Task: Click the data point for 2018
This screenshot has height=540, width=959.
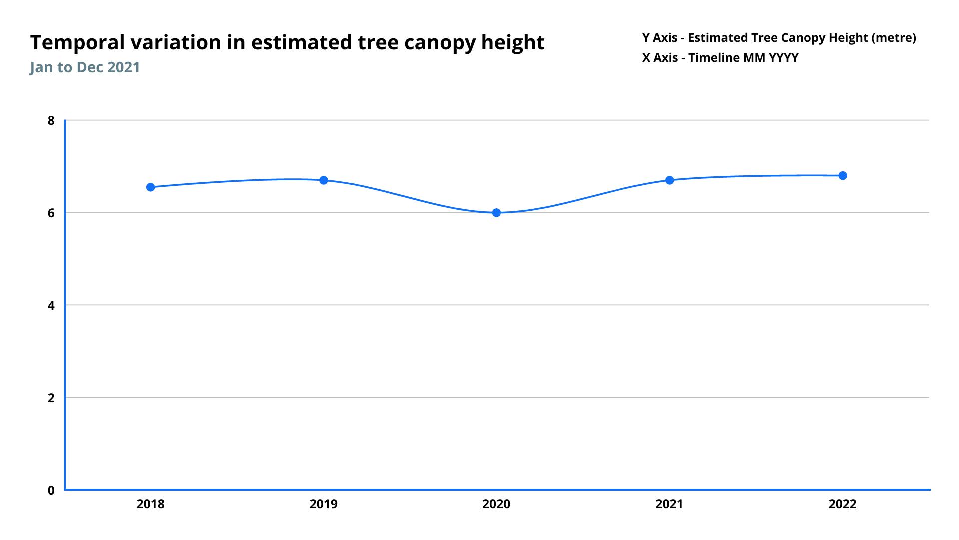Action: pyautogui.click(x=150, y=187)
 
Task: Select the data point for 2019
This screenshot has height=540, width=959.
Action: pyautogui.click(x=324, y=180)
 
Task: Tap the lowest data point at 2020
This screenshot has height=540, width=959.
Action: pyautogui.click(x=496, y=213)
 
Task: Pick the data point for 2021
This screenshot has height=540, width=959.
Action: pyautogui.click(x=669, y=180)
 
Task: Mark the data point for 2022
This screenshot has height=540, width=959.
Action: pyautogui.click(x=843, y=176)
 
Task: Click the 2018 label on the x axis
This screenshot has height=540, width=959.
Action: pyautogui.click(x=150, y=504)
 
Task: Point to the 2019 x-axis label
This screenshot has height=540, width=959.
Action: pyautogui.click(x=324, y=504)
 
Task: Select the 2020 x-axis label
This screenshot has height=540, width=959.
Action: pyautogui.click(x=496, y=504)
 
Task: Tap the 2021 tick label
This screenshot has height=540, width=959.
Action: pyautogui.click(x=669, y=504)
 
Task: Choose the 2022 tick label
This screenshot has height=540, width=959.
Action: pyautogui.click(x=843, y=504)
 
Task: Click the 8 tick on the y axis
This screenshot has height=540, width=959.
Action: pyautogui.click(x=51, y=120)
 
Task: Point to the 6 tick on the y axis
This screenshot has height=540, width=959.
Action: pyautogui.click(x=51, y=213)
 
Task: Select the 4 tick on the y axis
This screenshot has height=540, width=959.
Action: pyautogui.click(x=51, y=305)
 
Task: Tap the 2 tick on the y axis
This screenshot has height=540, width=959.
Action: pyautogui.click(x=51, y=398)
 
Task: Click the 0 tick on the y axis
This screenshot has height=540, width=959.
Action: pyautogui.click(x=51, y=490)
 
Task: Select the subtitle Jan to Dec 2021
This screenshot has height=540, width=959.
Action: pyautogui.click(x=85, y=67)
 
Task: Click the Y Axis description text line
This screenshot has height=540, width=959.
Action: pyautogui.click(x=779, y=38)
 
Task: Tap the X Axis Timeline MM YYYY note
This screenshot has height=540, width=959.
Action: pyautogui.click(x=720, y=58)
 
